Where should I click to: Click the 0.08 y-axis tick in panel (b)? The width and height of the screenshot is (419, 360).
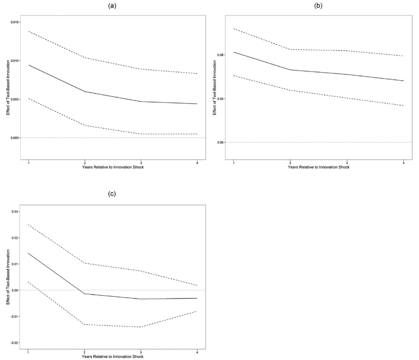[x=221, y=55]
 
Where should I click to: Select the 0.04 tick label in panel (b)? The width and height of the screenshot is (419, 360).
[x=221, y=99]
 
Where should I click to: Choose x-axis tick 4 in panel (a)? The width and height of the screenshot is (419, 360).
[x=197, y=162]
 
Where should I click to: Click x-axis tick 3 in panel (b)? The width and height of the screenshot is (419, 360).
[x=347, y=162]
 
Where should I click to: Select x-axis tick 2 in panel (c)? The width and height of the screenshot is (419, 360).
[x=85, y=352]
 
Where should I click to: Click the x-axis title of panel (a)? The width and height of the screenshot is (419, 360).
[x=113, y=167]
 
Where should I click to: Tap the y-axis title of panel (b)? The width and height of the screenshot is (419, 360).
[x=214, y=88]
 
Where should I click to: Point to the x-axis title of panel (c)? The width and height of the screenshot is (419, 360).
[x=113, y=356]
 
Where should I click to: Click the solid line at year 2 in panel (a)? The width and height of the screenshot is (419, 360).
[x=85, y=91]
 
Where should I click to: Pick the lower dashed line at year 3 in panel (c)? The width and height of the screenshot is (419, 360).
[x=141, y=327]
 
